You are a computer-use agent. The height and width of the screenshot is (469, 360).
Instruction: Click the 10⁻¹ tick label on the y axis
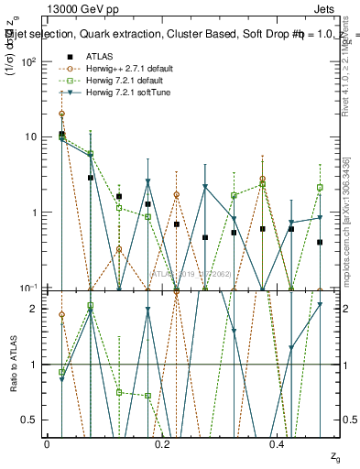[27, 288]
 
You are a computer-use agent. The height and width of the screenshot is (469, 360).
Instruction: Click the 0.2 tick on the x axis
[161, 442]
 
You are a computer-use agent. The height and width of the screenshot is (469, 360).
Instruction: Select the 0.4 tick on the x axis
[277, 442]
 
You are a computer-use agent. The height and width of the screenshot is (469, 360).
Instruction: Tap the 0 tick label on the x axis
[47, 442]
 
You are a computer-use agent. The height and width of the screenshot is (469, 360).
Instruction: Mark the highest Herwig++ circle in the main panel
[61, 115]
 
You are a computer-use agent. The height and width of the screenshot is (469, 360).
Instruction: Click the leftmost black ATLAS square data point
[61, 134]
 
